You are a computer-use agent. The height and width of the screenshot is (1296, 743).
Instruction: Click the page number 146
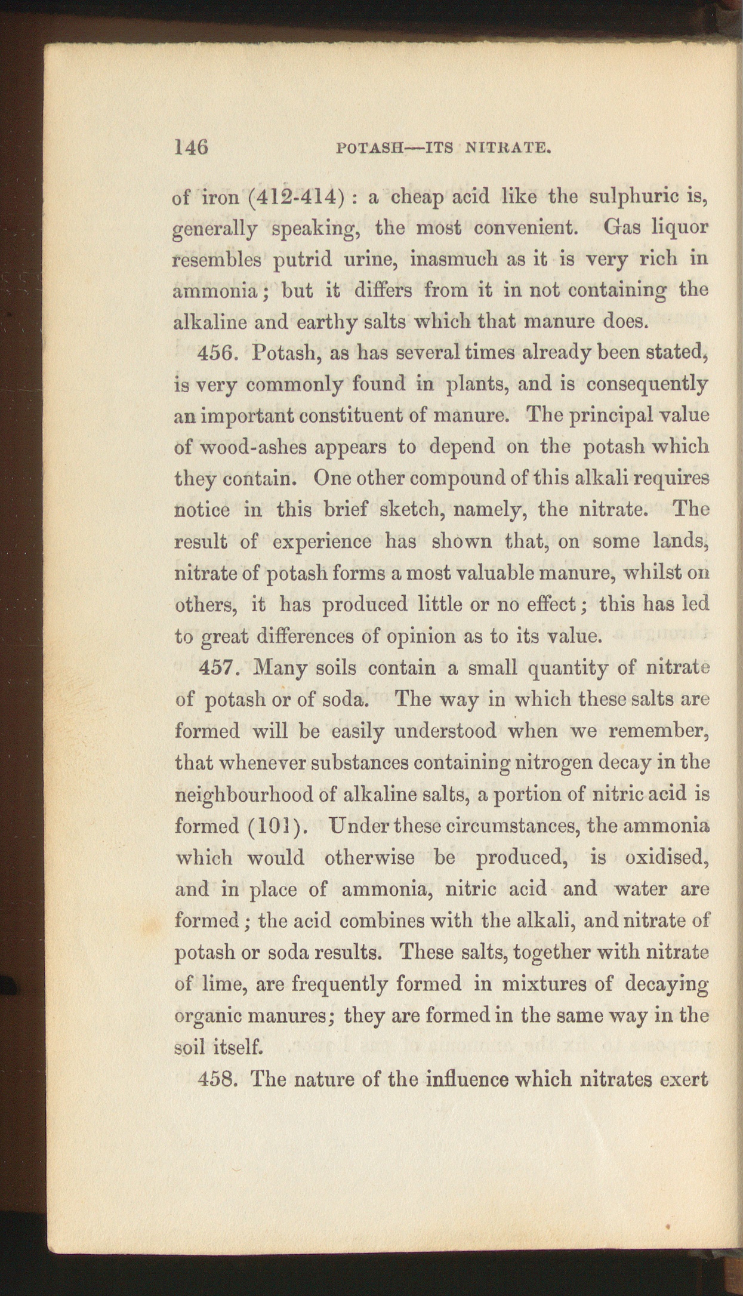tap(190, 146)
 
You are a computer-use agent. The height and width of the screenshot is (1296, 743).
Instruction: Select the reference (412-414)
tap(296, 196)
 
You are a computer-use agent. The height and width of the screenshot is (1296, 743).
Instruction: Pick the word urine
tap(369, 260)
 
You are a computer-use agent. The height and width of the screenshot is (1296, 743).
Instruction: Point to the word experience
tap(322, 542)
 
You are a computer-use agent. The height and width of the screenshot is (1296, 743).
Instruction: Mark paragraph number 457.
tap(219, 667)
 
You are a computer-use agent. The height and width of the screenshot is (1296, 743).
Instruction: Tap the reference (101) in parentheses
tap(276, 826)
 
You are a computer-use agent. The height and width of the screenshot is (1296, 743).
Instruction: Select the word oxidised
tap(666, 858)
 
